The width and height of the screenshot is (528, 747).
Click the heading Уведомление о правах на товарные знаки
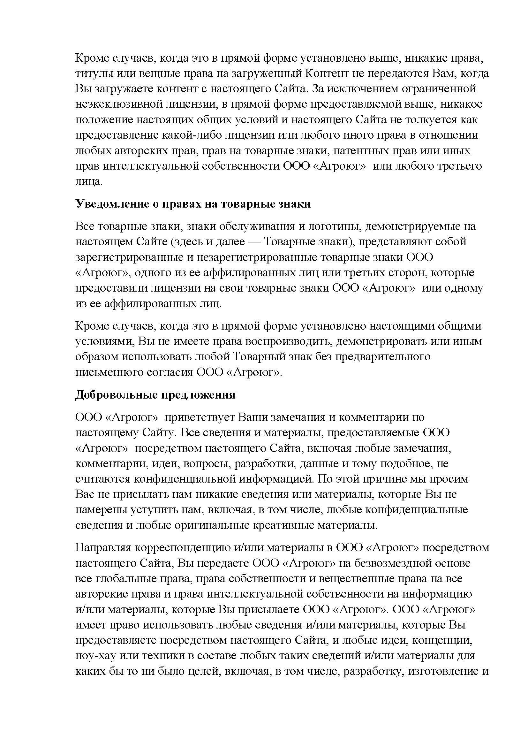point(193,204)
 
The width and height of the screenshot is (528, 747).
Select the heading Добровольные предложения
point(155,395)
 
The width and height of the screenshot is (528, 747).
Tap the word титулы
point(92,74)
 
